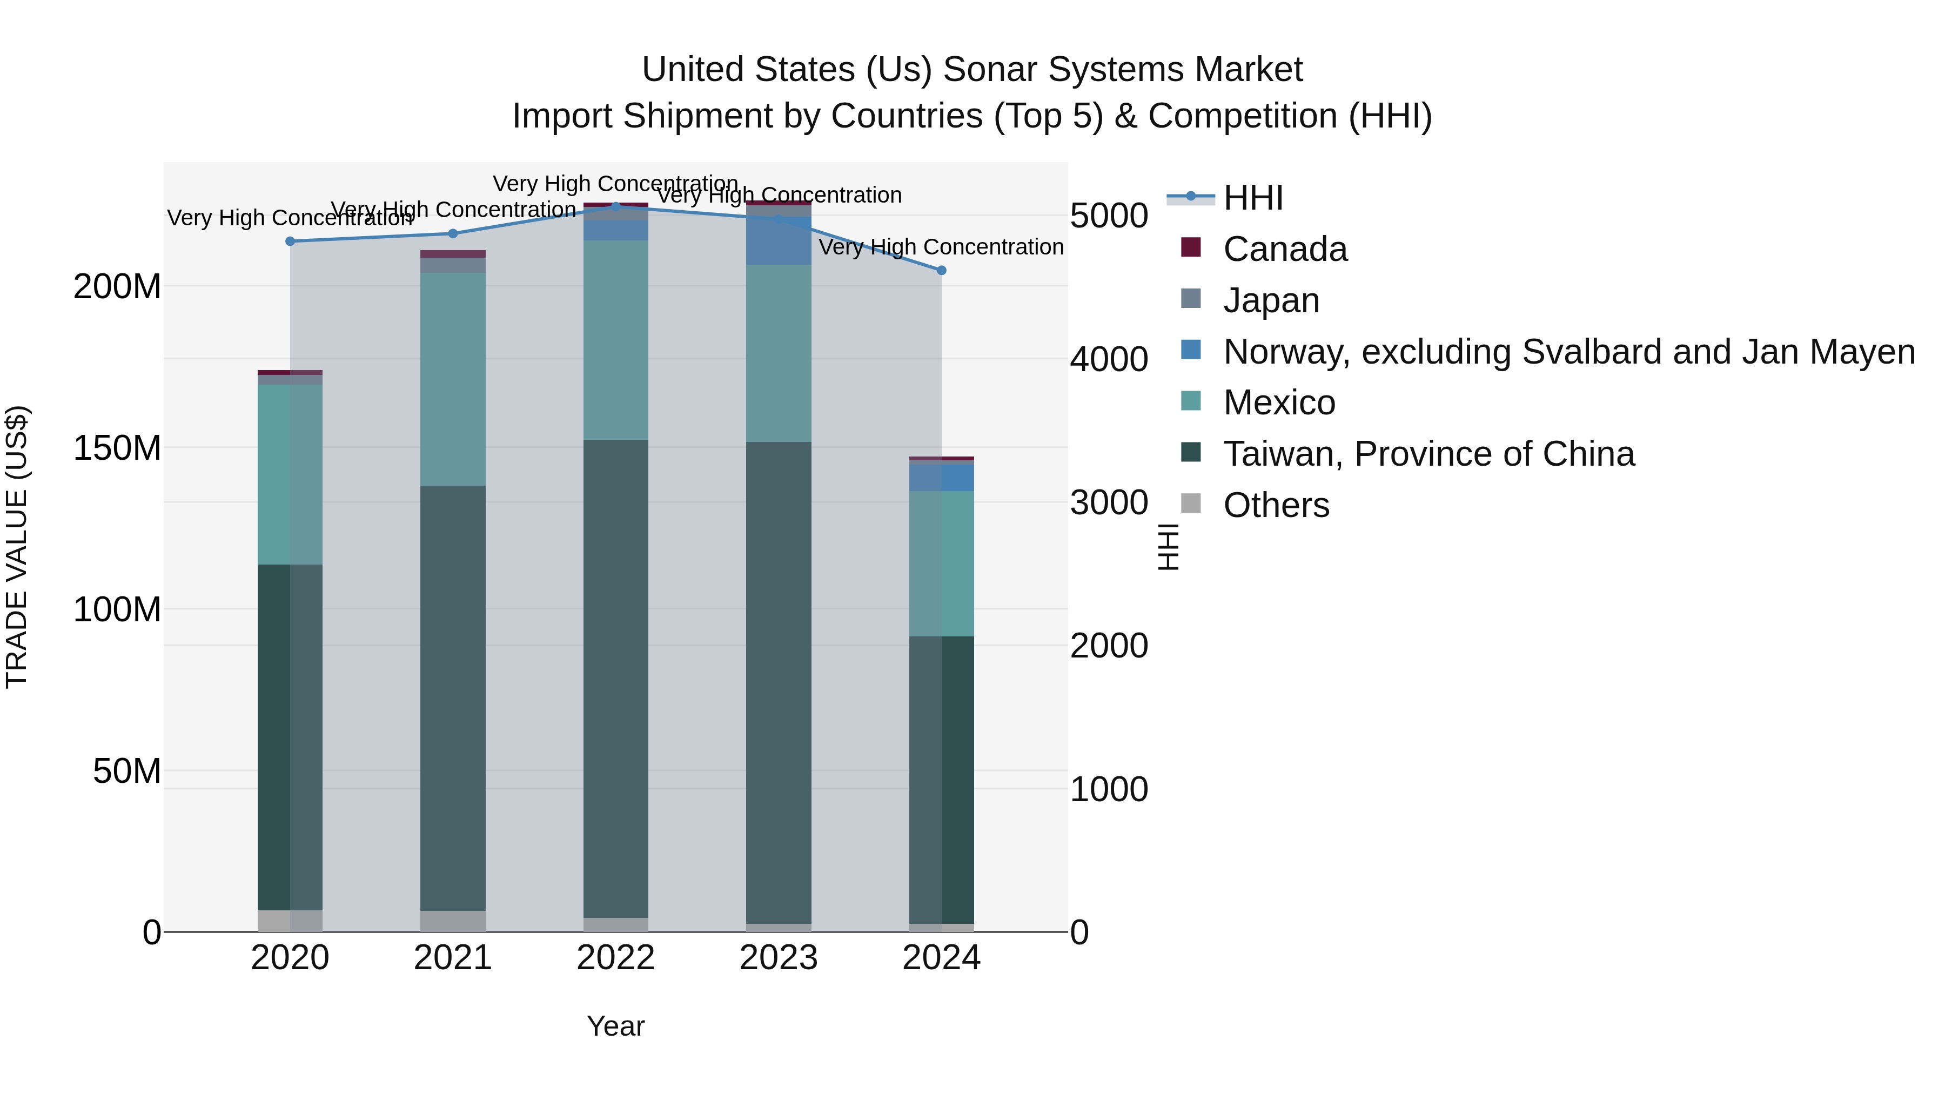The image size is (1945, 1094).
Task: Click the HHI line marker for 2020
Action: (x=290, y=241)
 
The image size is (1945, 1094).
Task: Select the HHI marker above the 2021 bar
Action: (x=453, y=233)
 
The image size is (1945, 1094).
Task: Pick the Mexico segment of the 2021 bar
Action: (x=453, y=378)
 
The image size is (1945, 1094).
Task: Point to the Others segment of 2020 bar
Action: (x=290, y=921)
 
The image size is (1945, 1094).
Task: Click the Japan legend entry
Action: (x=1271, y=300)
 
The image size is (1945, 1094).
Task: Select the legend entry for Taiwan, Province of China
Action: (x=1428, y=454)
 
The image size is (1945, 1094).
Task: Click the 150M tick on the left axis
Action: (x=117, y=448)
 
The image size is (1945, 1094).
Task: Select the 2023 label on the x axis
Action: (x=779, y=958)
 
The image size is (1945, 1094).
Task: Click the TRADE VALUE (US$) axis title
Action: (x=17, y=547)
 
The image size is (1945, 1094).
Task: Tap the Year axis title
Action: (x=615, y=1026)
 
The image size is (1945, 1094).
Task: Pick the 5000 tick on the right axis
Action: (x=1109, y=216)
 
